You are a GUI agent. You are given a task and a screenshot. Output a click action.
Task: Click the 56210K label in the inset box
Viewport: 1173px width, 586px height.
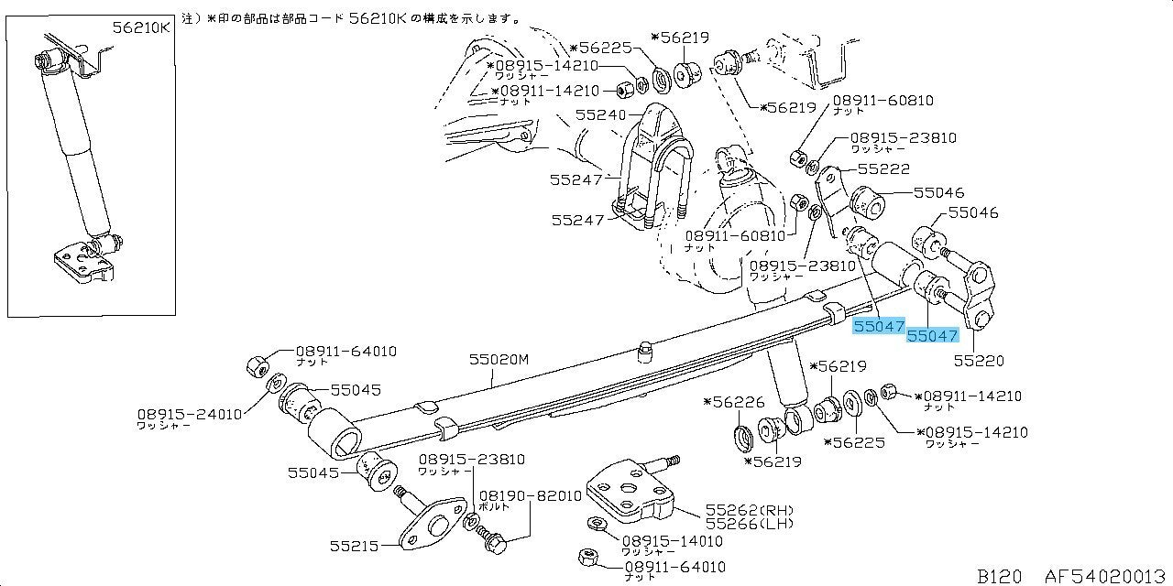click(141, 27)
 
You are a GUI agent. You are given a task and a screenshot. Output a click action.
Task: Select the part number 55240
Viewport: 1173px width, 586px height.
click(600, 115)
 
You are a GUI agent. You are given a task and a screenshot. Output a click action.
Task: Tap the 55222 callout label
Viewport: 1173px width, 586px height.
click(884, 169)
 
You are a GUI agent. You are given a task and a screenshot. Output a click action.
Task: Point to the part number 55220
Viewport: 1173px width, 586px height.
click(980, 361)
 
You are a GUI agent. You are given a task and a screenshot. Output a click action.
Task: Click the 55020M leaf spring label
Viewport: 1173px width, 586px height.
click(499, 361)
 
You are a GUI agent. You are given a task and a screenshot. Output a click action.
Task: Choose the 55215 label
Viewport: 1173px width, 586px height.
click(355, 547)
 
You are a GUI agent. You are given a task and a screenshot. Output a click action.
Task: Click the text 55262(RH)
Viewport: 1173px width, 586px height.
click(749, 509)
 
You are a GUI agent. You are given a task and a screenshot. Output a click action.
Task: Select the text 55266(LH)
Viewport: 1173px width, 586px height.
click(748, 524)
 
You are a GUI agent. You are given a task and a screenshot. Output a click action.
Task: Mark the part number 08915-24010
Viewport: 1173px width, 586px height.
click(190, 414)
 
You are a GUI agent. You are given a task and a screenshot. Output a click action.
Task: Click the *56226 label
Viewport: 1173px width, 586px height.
click(733, 402)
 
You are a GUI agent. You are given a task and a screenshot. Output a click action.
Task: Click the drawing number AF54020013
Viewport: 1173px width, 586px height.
click(1108, 576)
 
